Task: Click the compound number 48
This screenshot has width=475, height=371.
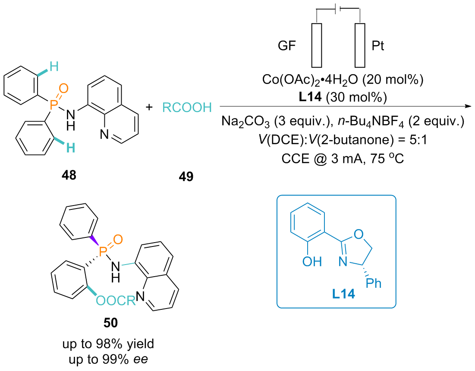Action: (x=69, y=175)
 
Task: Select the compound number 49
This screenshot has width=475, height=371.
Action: (x=186, y=176)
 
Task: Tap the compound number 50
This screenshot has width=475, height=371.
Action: (x=110, y=323)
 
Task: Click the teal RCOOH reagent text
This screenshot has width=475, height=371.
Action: (x=187, y=107)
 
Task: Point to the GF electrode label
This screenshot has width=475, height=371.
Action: (x=286, y=46)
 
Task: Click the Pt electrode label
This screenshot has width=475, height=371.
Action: (x=378, y=46)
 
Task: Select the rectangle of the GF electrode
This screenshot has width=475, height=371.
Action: (x=317, y=45)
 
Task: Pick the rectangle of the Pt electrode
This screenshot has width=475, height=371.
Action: (x=360, y=45)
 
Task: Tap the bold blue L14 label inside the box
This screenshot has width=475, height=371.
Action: (x=343, y=294)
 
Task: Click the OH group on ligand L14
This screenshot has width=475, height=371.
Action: (x=312, y=262)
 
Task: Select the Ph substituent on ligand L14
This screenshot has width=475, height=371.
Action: (x=374, y=283)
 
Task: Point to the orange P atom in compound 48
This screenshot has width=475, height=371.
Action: (x=53, y=105)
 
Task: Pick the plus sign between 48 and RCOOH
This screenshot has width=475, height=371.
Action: (x=149, y=107)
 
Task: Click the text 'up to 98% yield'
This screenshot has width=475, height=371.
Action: (x=108, y=344)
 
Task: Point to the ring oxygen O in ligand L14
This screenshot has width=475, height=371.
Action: (x=359, y=234)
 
